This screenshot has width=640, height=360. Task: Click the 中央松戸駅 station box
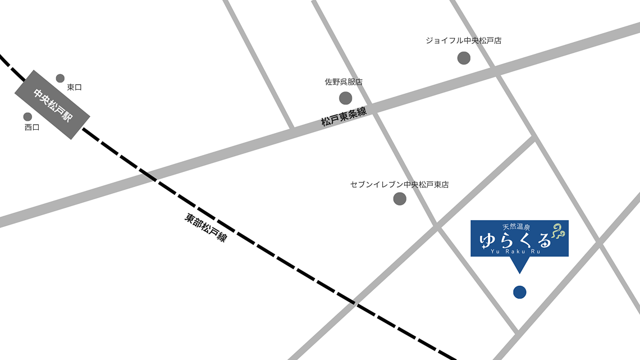click(52, 104)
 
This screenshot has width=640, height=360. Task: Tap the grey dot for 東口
click(60, 78)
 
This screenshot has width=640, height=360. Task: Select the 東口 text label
click(75, 87)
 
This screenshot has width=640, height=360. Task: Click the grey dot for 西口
click(28, 117)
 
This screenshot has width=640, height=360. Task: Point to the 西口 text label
click(32, 127)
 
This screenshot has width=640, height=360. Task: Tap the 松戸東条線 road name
click(344, 117)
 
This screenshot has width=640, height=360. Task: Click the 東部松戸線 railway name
click(205, 227)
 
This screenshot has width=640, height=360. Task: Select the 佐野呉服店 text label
click(344, 82)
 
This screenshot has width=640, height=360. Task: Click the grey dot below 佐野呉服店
click(346, 98)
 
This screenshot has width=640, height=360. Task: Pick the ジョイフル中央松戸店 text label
click(463, 40)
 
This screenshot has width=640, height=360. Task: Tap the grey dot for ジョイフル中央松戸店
click(464, 58)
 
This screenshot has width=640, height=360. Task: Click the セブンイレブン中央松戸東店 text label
click(399, 184)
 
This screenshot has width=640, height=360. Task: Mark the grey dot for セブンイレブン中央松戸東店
click(400, 198)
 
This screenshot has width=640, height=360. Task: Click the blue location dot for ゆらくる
click(520, 292)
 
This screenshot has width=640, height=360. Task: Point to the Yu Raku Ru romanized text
click(515, 251)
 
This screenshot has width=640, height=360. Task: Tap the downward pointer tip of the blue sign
click(519, 272)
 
